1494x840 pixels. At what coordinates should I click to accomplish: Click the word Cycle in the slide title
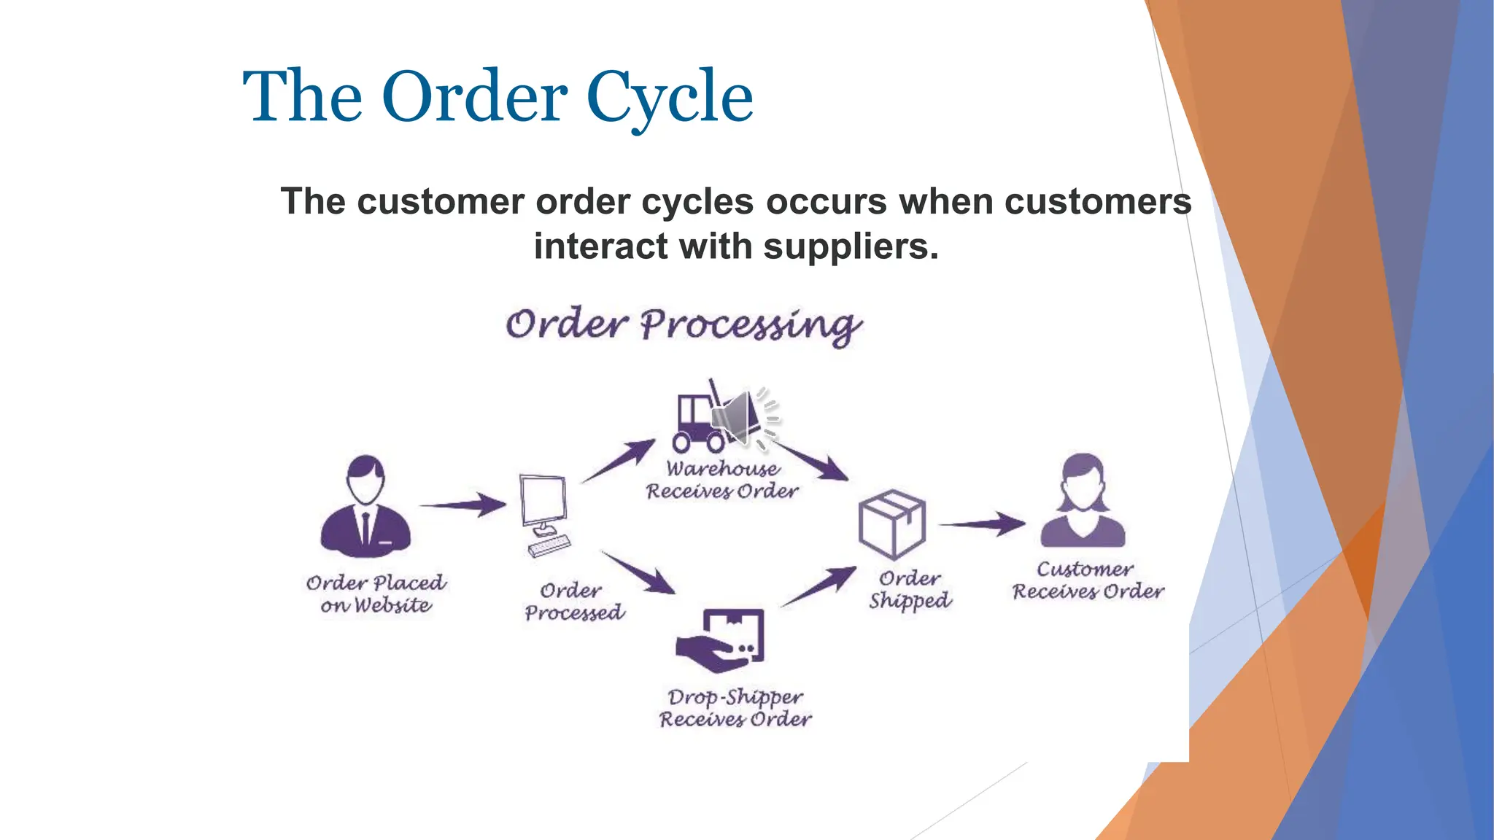click(669, 97)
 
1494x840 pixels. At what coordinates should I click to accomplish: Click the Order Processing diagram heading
click(683, 325)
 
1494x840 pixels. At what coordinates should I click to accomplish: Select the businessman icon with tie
click(365, 506)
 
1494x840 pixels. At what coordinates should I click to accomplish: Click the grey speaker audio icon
click(740, 418)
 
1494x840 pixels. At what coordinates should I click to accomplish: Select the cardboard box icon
click(891, 524)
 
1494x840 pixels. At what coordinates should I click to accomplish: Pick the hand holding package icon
click(721, 640)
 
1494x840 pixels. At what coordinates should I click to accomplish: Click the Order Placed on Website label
click(376, 594)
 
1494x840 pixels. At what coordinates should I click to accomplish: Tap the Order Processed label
click(573, 602)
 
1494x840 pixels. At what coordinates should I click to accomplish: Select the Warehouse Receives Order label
click(722, 480)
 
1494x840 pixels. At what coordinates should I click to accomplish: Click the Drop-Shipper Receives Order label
click(735, 707)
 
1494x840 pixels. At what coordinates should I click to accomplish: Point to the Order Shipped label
click(910, 589)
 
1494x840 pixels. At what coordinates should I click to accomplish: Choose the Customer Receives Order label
click(1087, 580)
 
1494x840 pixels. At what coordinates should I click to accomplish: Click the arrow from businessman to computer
click(463, 504)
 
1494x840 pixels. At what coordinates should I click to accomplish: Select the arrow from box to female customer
click(982, 524)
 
